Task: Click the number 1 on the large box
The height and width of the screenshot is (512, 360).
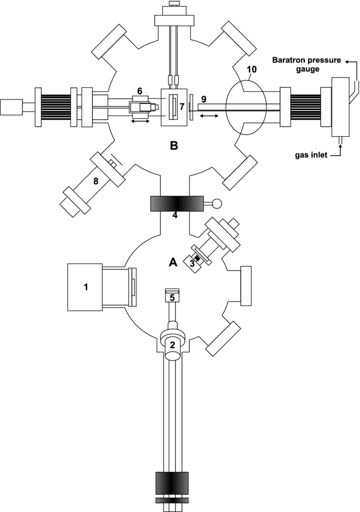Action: (x=87, y=287)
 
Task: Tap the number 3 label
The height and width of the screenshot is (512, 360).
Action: (x=191, y=264)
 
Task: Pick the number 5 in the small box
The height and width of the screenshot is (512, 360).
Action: (x=173, y=297)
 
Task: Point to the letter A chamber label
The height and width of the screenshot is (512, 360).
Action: (x=173, y=262)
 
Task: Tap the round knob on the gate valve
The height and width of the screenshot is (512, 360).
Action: (x=216, y=204)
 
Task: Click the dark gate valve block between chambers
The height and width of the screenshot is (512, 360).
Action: (x=174, y=204)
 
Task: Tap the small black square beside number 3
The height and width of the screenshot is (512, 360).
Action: (x=196, y=258)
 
